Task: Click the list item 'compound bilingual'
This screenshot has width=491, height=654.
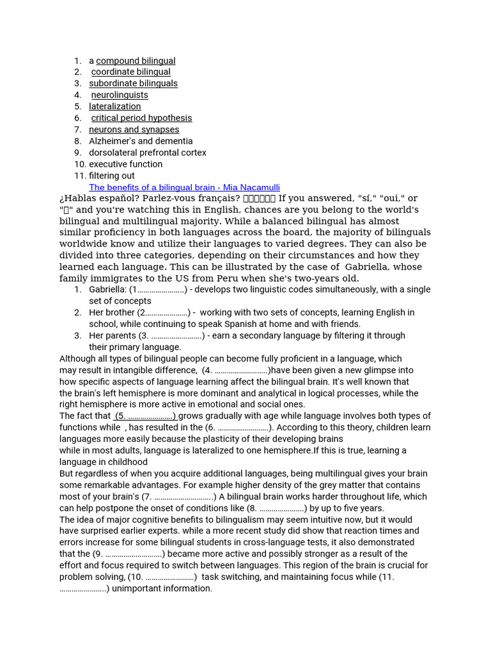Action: (x=136, y=61)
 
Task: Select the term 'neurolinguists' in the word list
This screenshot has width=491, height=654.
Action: (x=120, y=95)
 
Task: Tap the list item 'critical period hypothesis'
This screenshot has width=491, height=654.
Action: (x=141, y=118)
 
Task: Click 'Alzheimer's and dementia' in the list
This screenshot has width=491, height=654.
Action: (x=141, y=141)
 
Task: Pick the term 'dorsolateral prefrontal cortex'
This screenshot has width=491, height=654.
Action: (x=148, y=153)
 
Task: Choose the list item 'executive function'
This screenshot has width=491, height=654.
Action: (x=125, y=164)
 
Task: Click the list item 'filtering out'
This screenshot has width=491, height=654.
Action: (x=112, y=176)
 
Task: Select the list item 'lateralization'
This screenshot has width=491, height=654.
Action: (x=115, y=107)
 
